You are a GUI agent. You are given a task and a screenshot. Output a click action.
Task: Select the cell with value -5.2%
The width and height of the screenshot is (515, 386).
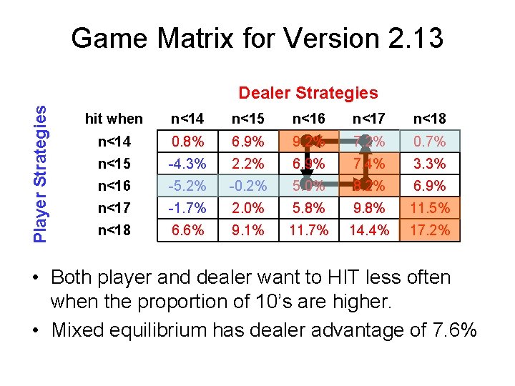point(187,186)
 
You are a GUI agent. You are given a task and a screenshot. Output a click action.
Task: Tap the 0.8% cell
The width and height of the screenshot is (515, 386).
point(187,142)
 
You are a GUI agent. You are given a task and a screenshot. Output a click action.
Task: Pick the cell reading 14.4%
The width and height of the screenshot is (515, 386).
point(369,230)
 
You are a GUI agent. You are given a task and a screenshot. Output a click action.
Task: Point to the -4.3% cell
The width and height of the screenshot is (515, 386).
point(187,164)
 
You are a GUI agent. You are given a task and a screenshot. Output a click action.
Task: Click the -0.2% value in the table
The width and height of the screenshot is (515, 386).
point(247,186)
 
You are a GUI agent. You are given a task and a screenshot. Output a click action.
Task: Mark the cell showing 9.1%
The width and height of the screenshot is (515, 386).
point(247,230)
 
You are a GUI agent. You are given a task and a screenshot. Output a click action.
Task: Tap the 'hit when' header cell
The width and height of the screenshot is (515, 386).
point(114,119)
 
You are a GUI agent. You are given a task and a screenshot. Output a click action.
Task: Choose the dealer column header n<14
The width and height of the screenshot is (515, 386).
point(187,119)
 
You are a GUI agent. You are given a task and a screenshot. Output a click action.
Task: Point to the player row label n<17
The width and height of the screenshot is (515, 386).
point(114,208)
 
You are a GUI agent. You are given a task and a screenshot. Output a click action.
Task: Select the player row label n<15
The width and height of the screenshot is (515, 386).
point(114,164)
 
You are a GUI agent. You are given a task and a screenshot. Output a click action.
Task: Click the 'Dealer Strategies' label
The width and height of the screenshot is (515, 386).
point(308,93)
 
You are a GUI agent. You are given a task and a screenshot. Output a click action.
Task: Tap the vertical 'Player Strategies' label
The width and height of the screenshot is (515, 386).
point(42,172)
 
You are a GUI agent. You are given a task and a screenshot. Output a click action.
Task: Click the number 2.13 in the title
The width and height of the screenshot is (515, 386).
point(410,38)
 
